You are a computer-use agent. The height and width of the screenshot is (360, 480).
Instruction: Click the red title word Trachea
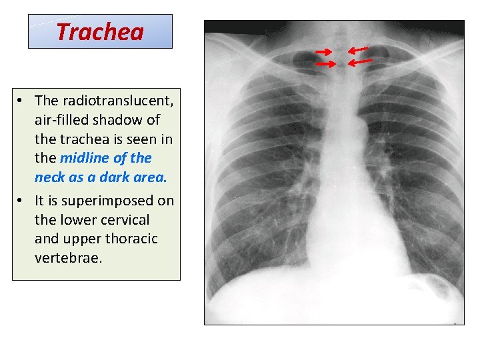click(100, 31)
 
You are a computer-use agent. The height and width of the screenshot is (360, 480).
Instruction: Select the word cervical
click(126, 220)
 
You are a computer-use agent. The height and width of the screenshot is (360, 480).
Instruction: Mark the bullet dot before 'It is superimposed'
click(22, 201)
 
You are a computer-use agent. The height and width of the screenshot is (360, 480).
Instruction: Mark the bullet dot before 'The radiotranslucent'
click(22, 101)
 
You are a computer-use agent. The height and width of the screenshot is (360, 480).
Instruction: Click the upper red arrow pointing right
click(324, 51)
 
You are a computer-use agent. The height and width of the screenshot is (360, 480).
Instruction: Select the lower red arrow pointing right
click(325, 64)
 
